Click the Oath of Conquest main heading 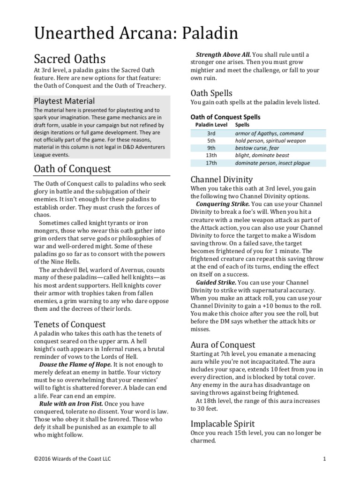(73, 168)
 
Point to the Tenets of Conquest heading (70, 324)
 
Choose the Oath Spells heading (211, 93)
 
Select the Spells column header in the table (242, 125)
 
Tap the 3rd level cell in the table (211, 134)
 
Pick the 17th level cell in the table (211, 163)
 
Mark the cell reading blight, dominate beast (262, 156)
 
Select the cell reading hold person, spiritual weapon (270, 141)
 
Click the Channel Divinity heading (222, 179)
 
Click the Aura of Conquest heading (223, 345)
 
